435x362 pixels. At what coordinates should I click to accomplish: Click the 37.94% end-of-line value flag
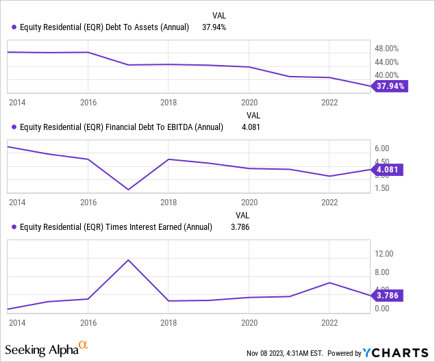pyautogui.click(x=390, y=86)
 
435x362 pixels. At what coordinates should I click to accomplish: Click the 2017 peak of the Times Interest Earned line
pyautogui.click(x=128, y=260)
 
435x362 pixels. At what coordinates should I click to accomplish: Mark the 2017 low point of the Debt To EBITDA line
pyautogui.click(x=128, y=190)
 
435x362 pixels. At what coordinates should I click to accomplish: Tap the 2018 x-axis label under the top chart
pyautogui.click(x=168, y=103)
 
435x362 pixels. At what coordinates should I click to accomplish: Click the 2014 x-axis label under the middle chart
pyautogui.click(x=17, y=203)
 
